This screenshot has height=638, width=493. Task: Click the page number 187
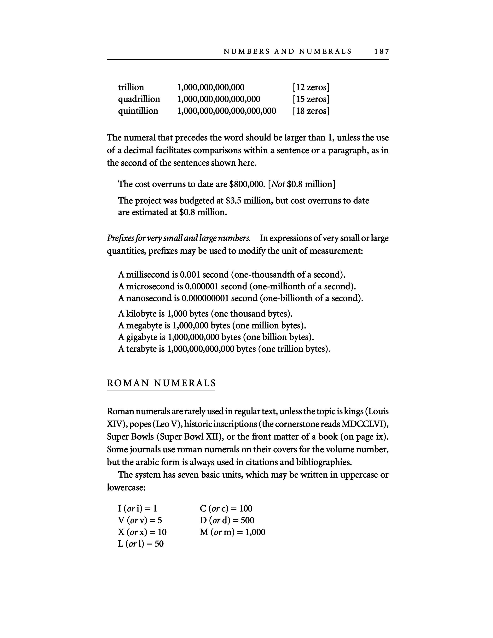click(381, 52)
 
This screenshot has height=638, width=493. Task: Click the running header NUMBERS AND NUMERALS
click(287, 52)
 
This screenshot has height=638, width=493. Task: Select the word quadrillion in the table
click(139, 99)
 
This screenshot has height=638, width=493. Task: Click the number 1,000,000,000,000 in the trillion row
click(211, 87)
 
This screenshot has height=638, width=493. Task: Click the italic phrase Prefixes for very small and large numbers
click(178, 238)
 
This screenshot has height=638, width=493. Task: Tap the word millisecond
click(148, 275)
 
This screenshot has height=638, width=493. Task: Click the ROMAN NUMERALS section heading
click(161, 383)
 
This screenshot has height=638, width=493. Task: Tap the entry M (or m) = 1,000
click(232, 532)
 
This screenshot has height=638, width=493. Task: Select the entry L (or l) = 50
click(141, 544)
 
